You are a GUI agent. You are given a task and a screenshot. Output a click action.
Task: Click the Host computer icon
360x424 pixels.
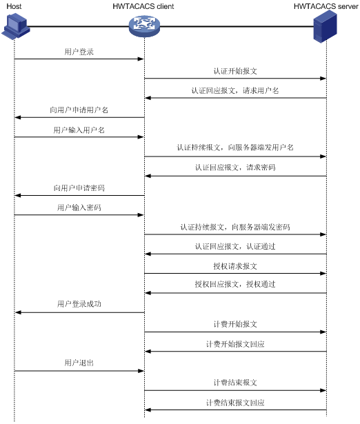(16, 26)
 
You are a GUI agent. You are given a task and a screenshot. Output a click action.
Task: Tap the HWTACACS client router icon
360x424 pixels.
(144, 26)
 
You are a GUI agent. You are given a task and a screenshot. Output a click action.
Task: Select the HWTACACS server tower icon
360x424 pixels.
(325, 26)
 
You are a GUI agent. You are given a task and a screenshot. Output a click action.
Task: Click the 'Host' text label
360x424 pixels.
(14, 6)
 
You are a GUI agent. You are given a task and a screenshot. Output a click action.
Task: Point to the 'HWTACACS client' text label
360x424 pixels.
(143, 6)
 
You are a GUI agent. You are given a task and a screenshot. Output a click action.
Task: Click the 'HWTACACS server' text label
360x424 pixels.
(326, 6)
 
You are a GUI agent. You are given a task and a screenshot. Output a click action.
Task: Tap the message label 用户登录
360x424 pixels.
(79, 52)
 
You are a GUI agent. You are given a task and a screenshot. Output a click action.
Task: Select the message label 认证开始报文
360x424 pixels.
(235, 71)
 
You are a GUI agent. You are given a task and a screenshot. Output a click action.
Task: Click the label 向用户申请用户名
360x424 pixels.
(79, 110)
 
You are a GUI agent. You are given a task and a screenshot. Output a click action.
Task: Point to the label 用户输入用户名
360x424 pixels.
(79, 130)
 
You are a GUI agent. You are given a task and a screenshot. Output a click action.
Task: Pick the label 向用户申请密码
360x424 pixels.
(79, 188)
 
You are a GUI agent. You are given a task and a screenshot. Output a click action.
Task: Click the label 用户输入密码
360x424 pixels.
(79, 208)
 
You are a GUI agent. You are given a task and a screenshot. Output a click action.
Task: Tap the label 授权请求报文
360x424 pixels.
(235, 266)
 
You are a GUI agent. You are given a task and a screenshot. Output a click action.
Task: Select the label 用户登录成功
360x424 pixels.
(79, 304)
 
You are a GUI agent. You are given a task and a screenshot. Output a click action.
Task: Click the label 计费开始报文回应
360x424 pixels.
(235, 344)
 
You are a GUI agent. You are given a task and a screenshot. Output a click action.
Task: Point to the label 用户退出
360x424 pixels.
(79, 363)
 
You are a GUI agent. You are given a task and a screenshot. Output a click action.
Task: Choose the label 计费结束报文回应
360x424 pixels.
(235, 403)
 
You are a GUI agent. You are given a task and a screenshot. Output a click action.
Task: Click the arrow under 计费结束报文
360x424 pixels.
(235, 390)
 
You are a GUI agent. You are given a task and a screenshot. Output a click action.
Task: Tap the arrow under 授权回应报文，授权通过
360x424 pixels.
(235, 293)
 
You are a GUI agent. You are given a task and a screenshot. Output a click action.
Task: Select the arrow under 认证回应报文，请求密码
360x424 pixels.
(235, 176)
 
